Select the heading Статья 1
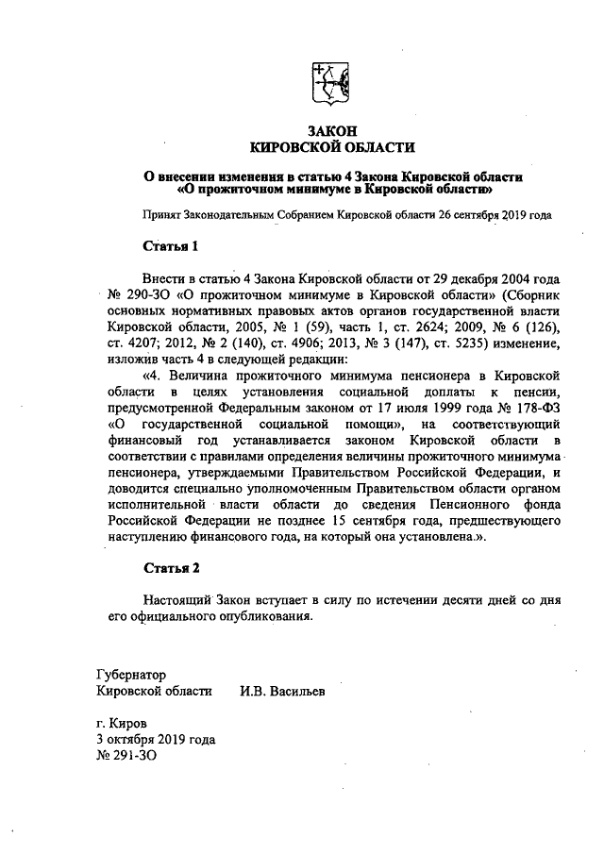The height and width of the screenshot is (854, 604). (171, 247)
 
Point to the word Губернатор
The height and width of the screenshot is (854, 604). (131, 675)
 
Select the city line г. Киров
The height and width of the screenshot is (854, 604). (121, 723)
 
